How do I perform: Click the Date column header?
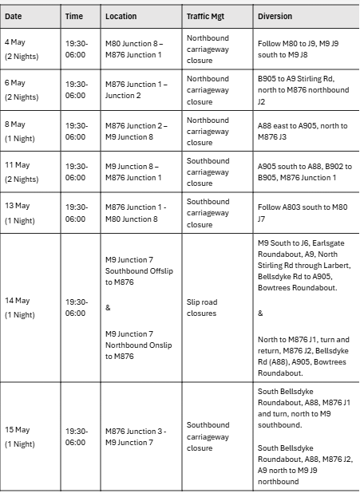pos(14,16)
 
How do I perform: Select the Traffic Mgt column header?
pos(204,16)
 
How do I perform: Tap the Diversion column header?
pos(275,16)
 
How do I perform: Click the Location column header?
pos(121,16)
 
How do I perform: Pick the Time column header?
pos(73,16)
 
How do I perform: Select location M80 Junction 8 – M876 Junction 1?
pos(136,49)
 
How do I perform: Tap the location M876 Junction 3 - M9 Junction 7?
pos(136,437)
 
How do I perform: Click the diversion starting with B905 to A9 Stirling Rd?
pos(304,90)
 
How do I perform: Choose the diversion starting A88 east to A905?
pos(303,131)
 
